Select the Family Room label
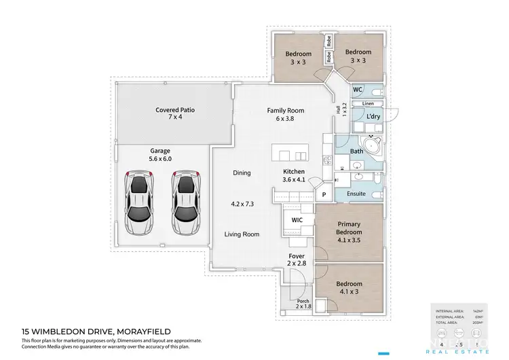pos(285,114)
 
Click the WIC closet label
pos(297,220)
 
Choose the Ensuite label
pos(356,194)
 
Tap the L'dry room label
pos(373,117)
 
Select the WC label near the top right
pos(358,90)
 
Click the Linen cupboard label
pos(368,103)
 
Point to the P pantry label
pos(324,194)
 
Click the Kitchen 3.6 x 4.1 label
pos(294,176)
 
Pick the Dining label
pos(242,173)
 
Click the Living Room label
pos(242,234)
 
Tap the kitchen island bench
pos(289,151)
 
